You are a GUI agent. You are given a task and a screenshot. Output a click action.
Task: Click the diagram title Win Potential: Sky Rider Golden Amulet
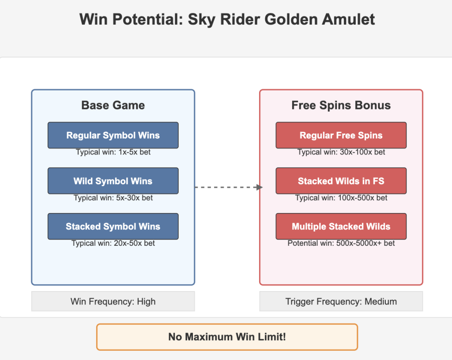227,19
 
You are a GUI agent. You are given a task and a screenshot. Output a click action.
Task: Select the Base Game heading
113,105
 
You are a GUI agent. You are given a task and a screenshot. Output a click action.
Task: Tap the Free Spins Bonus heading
341,105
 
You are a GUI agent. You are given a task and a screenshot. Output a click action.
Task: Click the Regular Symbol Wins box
113,135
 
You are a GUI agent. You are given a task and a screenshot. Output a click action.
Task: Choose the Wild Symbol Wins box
113,181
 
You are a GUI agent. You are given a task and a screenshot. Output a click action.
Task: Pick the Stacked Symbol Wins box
113,226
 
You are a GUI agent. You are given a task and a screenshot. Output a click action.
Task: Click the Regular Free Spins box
341,135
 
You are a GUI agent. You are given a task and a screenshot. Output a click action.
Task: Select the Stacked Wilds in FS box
341,181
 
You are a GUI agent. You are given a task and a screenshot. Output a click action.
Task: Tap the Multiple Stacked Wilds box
341,226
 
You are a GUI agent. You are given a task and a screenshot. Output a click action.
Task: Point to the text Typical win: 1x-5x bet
113,152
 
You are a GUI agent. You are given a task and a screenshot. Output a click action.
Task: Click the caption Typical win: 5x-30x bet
113,198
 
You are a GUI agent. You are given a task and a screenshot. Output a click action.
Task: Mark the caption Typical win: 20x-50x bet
113,244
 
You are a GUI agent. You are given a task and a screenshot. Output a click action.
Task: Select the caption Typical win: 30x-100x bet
341,152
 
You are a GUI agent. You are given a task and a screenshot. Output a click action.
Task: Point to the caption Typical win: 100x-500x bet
341,198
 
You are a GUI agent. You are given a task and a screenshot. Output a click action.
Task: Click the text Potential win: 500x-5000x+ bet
341,244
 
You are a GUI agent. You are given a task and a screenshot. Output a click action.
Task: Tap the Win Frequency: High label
113,301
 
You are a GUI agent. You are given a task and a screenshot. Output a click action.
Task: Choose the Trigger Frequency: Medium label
341,301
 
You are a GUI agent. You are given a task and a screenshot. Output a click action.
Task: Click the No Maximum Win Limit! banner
227,337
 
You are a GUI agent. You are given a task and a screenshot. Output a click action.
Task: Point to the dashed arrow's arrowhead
260,187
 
